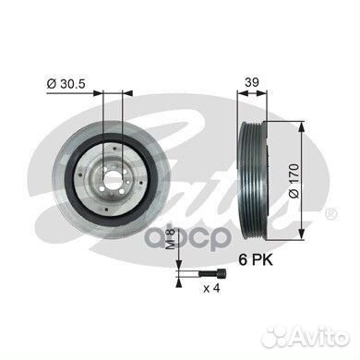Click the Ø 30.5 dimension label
click(66, 84)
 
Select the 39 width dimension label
click(252, 82)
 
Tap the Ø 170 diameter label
click(294, 181)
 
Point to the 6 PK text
click(256, 260)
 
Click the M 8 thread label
click(171, 238)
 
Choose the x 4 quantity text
click(211, 288)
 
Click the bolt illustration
click(212, 272)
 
